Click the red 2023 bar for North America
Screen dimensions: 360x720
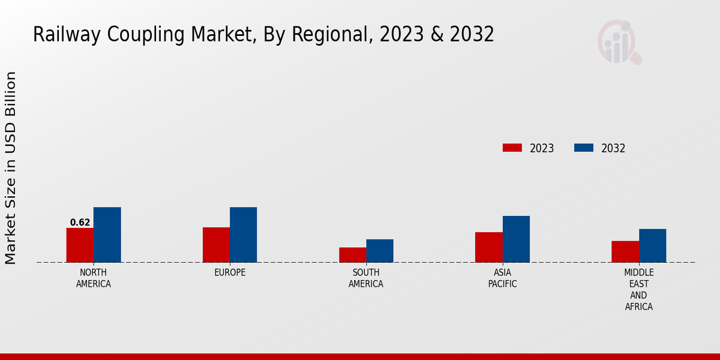pyautogui.click(x=80, y=245)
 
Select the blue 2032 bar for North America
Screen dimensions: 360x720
pyautogui.click(x=107, y=235)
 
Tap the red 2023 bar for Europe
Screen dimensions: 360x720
pyautogui.click(x=216, y=245)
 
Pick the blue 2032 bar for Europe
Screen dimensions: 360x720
pyautogui.click(x=243, y=235)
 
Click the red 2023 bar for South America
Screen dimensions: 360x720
pyautogui.click(x=352, y=255)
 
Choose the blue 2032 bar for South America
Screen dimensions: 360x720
pyautogui.click(x=380, y=251)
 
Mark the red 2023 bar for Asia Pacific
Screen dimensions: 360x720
pyautogui.click(x=488, y=247)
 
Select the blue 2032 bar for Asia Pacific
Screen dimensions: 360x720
pyautogui.click(x=516, y=239)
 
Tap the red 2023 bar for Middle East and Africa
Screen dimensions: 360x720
pyautogui.click(x=625, y=251)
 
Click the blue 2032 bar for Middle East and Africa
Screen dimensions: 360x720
pyautogui.click(x=652, y=245)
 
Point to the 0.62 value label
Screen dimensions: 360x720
pyautogui.click(x=80, y=223)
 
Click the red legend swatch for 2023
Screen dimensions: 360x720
pyautogui.click(x=512, y=148)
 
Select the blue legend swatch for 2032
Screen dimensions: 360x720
pyautogui.click(x=584, y=148)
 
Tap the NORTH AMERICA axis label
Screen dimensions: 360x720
pyautogui.click(x=94, y=278)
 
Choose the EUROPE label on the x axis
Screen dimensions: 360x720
pyautogui.click(x=230, y=272)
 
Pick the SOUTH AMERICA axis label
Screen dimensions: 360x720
pyautogui.click(x=366, y=278)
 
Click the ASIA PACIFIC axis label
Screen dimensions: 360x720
pyautogui.click(x=502, y=278)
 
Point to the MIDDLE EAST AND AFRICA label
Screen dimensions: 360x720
pyautogui.click(x=638, y=290)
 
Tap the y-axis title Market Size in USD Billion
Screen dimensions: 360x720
pyautogui.click(x=11, y=168)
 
